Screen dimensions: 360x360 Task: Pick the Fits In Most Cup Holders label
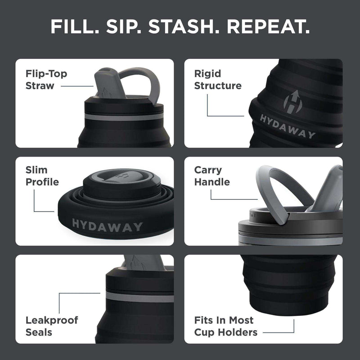point(226,326)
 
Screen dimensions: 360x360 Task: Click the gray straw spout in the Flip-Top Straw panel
point(105,83)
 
